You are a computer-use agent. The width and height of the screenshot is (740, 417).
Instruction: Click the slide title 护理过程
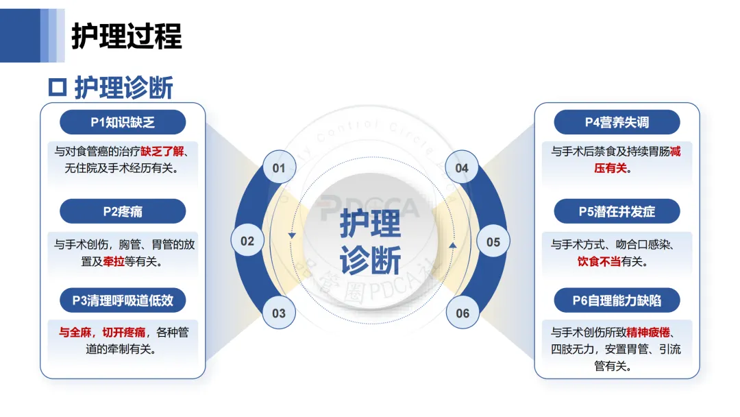(127, 36)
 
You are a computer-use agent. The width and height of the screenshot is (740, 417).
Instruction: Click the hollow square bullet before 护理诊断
(58, 88)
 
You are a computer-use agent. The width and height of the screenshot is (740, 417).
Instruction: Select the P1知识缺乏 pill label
(123, 122)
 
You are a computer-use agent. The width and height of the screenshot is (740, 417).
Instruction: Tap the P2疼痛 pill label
(123, 211)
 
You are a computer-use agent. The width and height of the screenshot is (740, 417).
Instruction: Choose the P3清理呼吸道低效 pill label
(123, 300)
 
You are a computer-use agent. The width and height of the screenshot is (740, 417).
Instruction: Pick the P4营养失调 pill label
(617, 122)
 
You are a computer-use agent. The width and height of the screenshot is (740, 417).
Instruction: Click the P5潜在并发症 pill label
(617, 211)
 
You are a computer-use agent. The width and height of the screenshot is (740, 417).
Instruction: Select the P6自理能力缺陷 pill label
(617, 300)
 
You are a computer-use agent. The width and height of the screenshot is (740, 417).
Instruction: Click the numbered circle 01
(279, 168)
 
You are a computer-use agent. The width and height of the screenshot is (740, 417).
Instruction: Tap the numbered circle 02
(247, 241)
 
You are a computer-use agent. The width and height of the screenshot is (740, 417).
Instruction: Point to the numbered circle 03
(279, 313)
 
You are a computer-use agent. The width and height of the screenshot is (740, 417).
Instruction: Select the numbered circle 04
(462, 168)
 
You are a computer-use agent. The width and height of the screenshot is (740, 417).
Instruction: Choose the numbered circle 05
(493, 241)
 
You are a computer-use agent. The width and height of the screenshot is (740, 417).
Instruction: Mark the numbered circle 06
(463, 313)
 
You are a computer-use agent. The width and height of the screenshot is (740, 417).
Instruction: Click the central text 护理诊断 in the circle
(371, 241)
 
